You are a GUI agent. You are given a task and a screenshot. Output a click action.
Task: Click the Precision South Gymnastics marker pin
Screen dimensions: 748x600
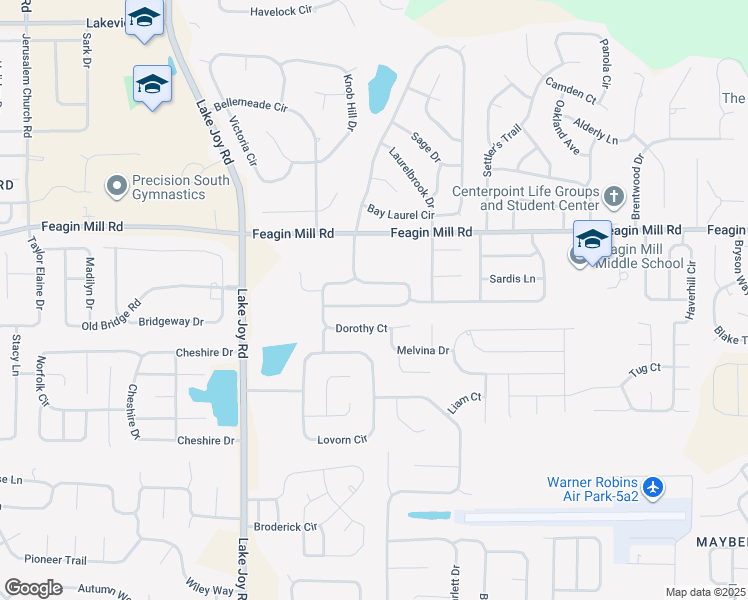(117, 185)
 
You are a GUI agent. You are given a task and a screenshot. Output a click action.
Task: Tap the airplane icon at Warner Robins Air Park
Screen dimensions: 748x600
(654, 487)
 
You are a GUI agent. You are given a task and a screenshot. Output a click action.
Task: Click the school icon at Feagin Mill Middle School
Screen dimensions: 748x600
(592, 240)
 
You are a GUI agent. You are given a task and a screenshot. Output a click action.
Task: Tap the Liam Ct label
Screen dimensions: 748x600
(464, 397)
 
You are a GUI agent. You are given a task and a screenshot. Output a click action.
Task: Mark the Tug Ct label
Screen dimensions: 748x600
(644, 368)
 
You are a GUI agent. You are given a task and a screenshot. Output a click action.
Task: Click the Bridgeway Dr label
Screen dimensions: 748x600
(171, 322)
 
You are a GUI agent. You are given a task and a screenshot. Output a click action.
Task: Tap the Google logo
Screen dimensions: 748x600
(33, 588)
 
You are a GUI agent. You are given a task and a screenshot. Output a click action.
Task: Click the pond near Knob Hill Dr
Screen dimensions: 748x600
(381, 89)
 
